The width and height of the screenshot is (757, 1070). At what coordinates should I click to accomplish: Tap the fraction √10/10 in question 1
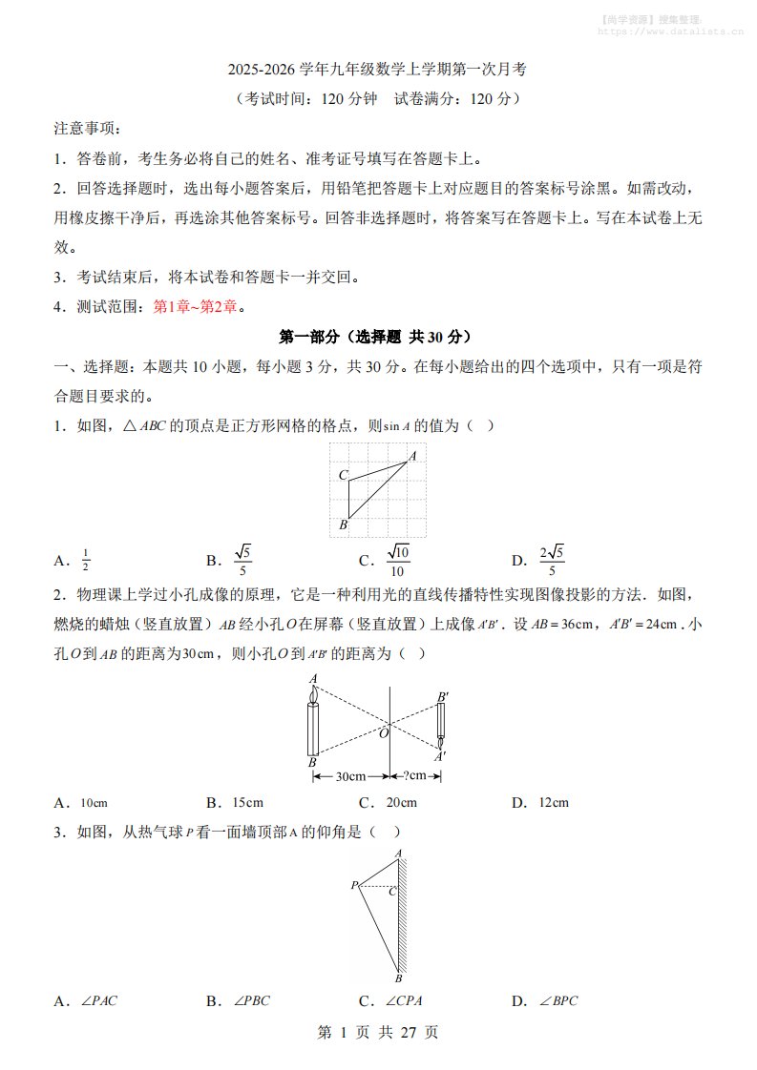coord(397,561)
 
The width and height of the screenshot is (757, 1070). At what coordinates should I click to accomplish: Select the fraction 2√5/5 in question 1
coord(552,561)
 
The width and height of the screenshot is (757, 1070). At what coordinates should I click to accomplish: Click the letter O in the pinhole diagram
coord(384,732)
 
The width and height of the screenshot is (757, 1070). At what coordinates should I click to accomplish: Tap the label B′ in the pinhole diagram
coord(442,697)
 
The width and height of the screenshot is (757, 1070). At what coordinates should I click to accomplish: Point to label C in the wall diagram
coord(392,891)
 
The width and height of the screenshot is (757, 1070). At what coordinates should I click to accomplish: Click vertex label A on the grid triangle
coord(413,457)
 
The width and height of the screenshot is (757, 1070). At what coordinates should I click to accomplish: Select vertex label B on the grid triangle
coord(343,525)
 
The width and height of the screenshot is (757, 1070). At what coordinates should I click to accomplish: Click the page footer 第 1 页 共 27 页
coord(377,1033)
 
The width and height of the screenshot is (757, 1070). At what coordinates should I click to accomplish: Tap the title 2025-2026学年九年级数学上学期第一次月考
coord(377,70)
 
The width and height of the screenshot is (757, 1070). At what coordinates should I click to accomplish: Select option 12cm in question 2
coord(554,803)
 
